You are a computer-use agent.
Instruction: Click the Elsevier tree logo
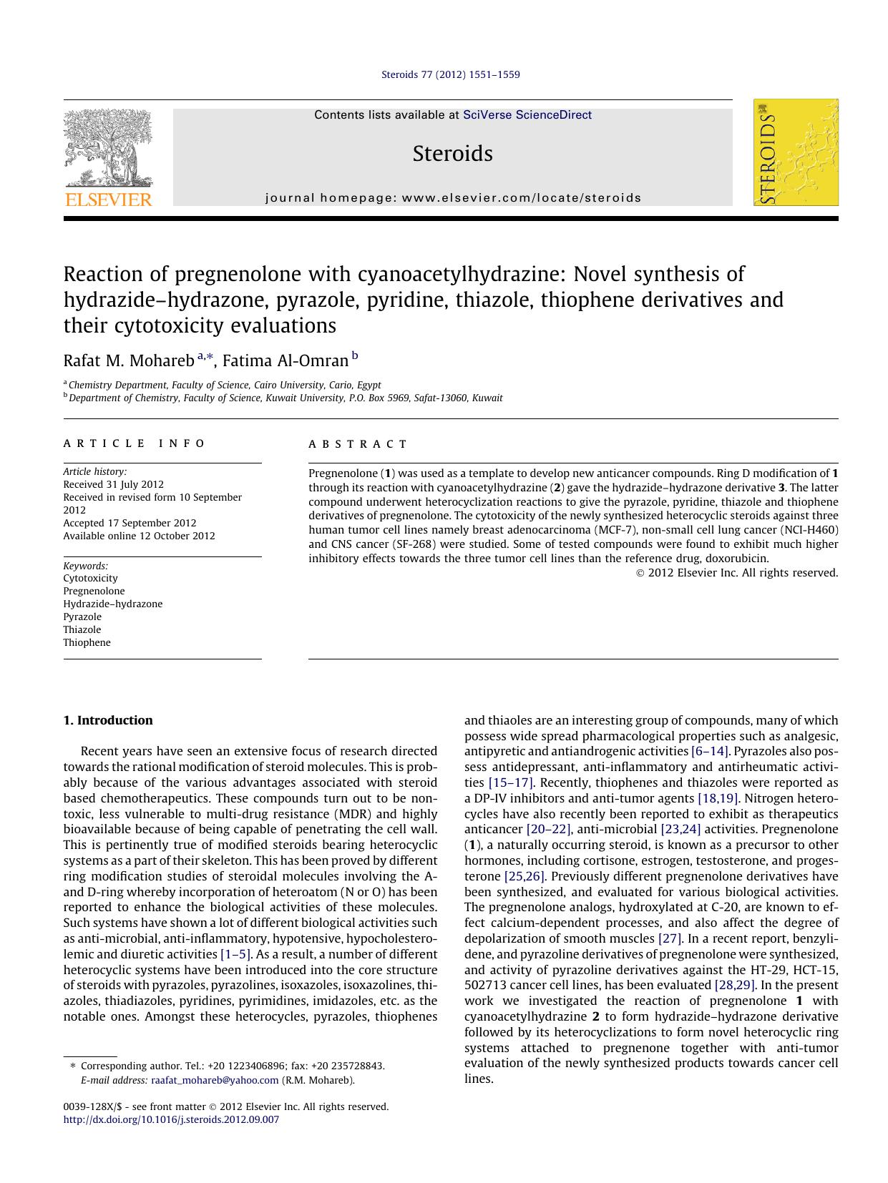[x=108, y=157]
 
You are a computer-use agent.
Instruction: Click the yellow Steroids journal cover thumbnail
[x=795, y=152]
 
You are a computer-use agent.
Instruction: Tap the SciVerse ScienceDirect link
[x=527, y=114]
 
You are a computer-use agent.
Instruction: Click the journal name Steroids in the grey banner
[x=452, y=154]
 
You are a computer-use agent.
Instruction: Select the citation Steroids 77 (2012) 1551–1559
[x=450, y=74]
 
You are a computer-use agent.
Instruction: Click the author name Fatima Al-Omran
[x=286, y=360]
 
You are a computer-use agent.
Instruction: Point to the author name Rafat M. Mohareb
[x=128, y=360]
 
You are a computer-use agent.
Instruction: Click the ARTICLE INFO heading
[x=135, y=443]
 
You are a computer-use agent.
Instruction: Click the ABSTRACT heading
[x=358, y=444]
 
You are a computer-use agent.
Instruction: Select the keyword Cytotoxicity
[x=90, y=578]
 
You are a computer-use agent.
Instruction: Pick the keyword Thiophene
[x=87, y=642]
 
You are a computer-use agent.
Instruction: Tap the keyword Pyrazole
[x=82, y=617]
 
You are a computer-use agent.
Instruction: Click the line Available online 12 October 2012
[x=139, y=536]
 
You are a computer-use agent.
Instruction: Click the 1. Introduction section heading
[x=108, y=720]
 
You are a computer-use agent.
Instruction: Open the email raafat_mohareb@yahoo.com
[x=215, y=1080]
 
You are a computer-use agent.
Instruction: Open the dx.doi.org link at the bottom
[x=171, y=1119]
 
